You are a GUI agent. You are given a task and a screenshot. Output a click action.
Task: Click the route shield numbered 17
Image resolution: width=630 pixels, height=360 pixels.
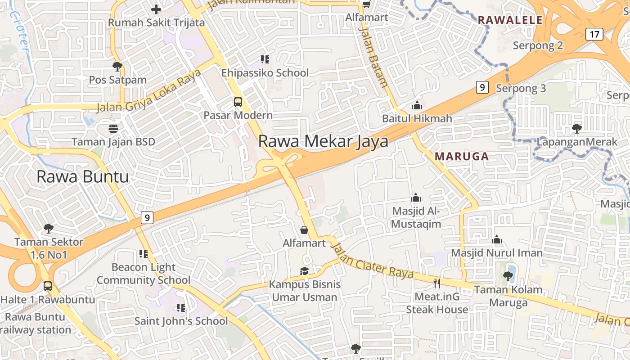click(x=595, y=34)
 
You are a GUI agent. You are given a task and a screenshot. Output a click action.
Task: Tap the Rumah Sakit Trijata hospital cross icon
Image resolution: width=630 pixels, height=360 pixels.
click(x=156, y=9)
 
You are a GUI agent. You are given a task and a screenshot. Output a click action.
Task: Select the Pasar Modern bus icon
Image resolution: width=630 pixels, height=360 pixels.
click(x=238, y=102)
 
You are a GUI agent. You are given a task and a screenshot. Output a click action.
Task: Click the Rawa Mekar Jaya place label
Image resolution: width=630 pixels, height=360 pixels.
click(x=323, y=141)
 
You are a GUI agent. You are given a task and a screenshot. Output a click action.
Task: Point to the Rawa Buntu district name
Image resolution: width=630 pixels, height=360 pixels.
click(x=82, y=176)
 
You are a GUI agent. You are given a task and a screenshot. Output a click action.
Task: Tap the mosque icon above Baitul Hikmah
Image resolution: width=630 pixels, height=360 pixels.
click(x=417, y=106)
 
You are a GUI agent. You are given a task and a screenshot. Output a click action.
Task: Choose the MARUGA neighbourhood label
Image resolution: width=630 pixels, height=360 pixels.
click(x=462, y=157)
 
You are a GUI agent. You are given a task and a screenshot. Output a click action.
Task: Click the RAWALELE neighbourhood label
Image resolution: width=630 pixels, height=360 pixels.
click(x=510, y=20)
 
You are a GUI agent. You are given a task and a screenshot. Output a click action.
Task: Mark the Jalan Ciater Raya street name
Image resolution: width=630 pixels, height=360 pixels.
click(x=372, y=261)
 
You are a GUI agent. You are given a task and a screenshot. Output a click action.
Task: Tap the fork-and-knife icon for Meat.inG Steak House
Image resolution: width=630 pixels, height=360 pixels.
click(x=436, y=283)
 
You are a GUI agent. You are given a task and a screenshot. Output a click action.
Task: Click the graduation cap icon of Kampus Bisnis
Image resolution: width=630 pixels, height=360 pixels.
click(x=305, y=271)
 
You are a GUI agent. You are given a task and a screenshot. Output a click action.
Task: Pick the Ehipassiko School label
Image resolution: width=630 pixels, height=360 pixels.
click(x=265, y=73)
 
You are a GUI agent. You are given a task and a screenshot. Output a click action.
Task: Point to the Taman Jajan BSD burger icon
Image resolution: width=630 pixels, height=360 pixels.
click(x=113, y=129)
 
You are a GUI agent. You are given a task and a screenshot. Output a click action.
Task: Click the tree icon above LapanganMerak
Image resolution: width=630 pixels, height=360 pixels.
click(x=576, y=129)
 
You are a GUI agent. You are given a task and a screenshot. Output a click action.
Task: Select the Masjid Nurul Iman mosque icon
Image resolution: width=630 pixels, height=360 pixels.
click(x=497, y=239)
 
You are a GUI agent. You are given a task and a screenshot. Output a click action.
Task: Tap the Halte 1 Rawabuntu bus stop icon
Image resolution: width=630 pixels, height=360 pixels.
click(x=47, y=286)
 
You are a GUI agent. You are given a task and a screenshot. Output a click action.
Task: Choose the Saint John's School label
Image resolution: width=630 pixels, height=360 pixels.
click(x=181, y=321)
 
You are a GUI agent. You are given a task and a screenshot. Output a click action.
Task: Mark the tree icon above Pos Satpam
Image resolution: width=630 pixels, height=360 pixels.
click(x=117, y=67)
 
